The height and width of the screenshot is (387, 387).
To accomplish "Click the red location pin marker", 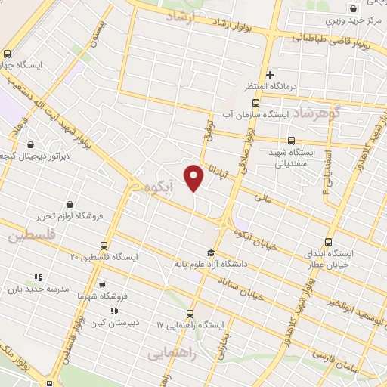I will [194, 178].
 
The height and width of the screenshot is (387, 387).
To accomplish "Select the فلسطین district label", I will [33, 236].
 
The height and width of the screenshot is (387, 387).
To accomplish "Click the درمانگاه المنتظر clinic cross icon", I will [270, 75].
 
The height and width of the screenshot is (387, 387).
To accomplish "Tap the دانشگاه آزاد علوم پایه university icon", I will [210, 253].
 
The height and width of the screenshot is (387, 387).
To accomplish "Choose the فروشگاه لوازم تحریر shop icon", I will [70, 204].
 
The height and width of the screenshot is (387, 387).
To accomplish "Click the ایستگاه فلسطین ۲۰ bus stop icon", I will [104, 246].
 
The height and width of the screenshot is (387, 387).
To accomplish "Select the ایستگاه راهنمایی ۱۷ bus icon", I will [189, 314].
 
